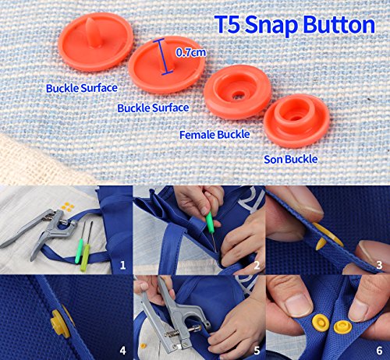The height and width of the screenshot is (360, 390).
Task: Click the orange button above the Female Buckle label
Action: [237, 92]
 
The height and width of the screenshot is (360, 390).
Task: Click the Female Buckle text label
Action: [214, 135]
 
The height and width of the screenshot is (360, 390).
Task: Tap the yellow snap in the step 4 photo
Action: [57, 321]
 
